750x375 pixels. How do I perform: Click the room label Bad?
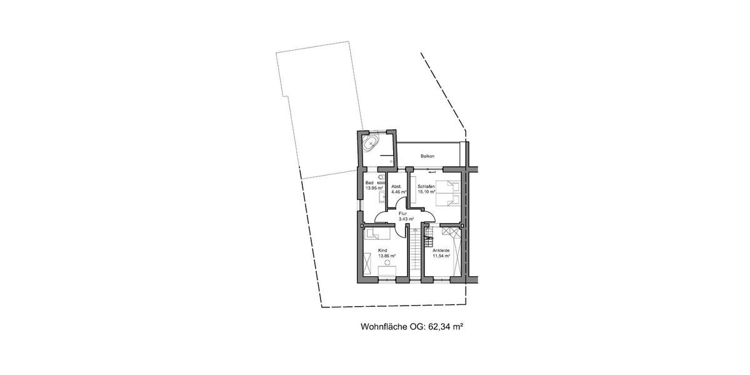[x=369, y=182]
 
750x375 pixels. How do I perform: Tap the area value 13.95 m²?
[x=374, y=188]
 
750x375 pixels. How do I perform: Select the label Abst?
[x=396, y=186]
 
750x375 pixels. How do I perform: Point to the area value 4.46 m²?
[x=399, y=192]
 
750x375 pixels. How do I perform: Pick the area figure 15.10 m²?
[x=426, y=192]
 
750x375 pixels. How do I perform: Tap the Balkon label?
[x=427, y=156]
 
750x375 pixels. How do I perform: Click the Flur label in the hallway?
[x=402, y=214]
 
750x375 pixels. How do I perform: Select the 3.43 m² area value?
[x=406, y=219]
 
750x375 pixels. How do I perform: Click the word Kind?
[x=382, y=250]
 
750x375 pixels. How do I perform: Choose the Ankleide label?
[x=441, y=250]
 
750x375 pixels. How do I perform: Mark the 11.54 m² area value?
[x=442, y=256]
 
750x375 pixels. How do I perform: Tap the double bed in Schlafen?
[x=447, y=192]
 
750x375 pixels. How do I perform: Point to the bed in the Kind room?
[x=377, y=234]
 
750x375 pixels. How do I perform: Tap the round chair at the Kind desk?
[x=387, y=264]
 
